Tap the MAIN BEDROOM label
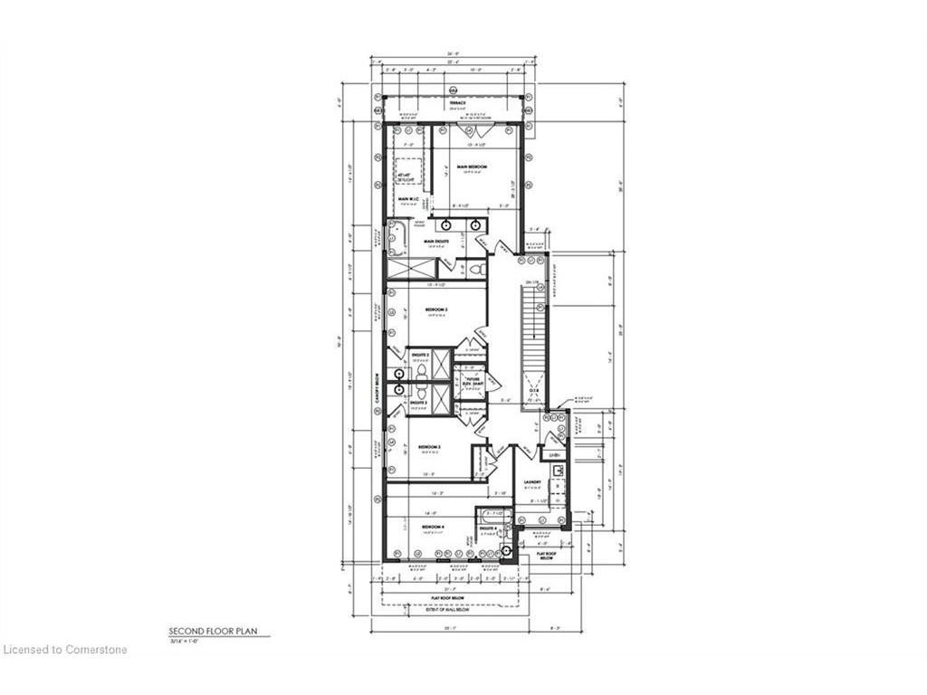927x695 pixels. [x=473, y=167]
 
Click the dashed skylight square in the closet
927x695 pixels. [x=408, y=172]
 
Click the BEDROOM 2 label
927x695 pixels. [x=437, y=309]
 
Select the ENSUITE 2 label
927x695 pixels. [x=419, y=356]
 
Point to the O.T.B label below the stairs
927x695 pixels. [x=533, y=390]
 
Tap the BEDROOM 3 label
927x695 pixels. [x=429, y=447]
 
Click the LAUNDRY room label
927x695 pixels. [x=532, y=481]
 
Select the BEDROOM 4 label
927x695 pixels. [x=432, y=527]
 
